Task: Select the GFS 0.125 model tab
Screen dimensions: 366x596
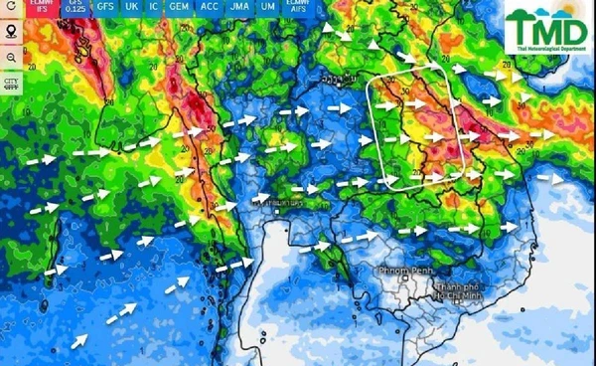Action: click(76, 8)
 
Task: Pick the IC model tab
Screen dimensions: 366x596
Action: click(155, 8)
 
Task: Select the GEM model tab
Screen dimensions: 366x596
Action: click(180, 8)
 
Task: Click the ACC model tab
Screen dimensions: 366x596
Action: click(209, 8)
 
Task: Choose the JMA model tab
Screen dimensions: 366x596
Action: click(238, 8)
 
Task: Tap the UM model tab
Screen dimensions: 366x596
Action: click(268, 8)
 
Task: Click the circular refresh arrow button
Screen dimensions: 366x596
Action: click(12, 8)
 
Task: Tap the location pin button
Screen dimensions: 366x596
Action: click(12, 32)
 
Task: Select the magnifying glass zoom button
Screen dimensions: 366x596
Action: click(12, 58)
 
